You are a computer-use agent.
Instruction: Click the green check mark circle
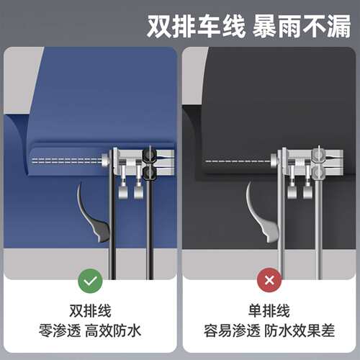pos(90,281)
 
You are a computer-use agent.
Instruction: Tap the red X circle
pos(269,280)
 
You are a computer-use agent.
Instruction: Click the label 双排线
pos(90,311)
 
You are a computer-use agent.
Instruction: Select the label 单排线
pos(269,311)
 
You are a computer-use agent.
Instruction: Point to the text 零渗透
pos(60,330)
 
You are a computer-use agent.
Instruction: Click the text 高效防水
pos(113,330)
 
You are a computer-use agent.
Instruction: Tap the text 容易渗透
pos(232,330)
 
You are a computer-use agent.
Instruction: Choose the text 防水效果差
pos(300,330)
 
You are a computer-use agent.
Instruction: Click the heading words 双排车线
pos(196,26)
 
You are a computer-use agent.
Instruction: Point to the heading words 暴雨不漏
pos(302,26)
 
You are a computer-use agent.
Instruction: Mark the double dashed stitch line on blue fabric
pos(67,161)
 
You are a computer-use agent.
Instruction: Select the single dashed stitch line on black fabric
pos(238,161)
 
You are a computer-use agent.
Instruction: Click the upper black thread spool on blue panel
pos(150,156)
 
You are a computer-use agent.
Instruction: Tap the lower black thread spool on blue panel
pos(150,173)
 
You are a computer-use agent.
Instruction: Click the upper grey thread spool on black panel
pos(318,156)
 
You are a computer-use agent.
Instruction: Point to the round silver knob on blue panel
pos(105,160)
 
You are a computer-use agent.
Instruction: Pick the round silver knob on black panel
pos(274,160)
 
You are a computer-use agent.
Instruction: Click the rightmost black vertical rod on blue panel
pos(150,229)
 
